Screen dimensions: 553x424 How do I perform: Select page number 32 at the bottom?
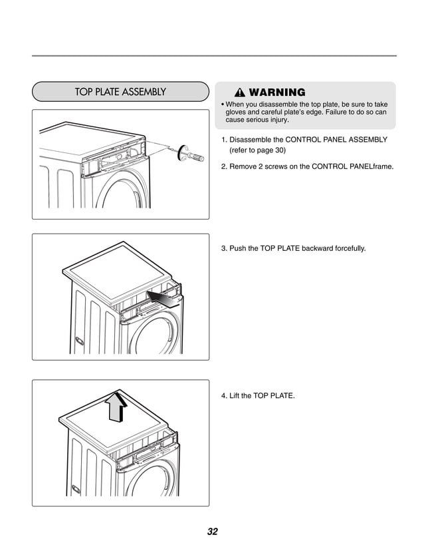pyautogui.click(x=212, y=531)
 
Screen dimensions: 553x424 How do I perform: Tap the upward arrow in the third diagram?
pyautogui.click(x=118, y=405)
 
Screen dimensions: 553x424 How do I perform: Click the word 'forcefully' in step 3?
pyautogui.click(x=346, y=248)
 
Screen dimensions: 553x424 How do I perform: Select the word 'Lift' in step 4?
pyautogui.click(x=235, y=396)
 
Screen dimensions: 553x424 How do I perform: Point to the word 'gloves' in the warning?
pyautogui.click(x=240, y=113)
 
